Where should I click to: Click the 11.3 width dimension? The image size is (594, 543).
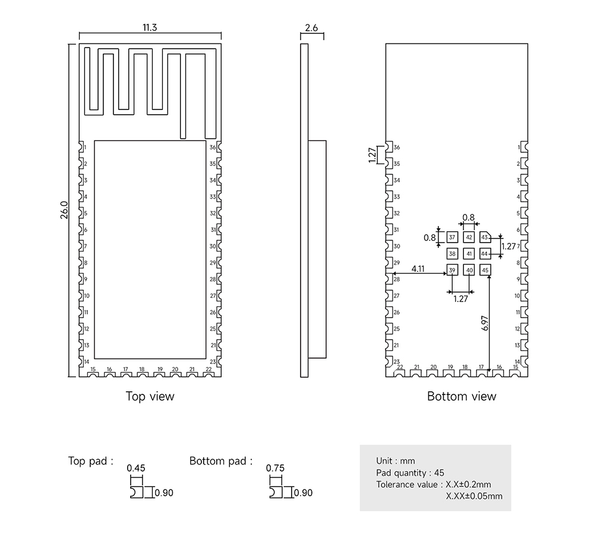click(149, 28)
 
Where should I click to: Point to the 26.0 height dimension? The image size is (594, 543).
click(64, 210)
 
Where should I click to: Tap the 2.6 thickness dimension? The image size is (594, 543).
click(311, 28)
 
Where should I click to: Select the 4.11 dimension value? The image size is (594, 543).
click(418, 269)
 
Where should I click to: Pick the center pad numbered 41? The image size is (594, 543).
click(469, 254)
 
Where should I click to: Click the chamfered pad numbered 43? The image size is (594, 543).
click(485, 237)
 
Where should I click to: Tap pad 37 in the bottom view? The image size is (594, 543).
click(452, 237)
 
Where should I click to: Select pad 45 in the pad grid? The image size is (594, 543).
click(486, 271)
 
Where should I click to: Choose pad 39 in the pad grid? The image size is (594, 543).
click(452, 271)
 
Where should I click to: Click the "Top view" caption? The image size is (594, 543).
click(150, 396)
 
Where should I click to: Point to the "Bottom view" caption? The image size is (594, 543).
click(462, 396)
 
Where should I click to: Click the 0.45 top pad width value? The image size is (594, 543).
click(136, 468)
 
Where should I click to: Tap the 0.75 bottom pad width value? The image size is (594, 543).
click(276, 468)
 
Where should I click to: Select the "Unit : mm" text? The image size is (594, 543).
click(396, 461)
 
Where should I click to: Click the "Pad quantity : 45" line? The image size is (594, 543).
click(410, 473)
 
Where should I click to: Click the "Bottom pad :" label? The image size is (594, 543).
click(221, 461)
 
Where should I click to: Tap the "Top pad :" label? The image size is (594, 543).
click(91, 461)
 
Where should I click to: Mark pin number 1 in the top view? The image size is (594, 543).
click(86, 147)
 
